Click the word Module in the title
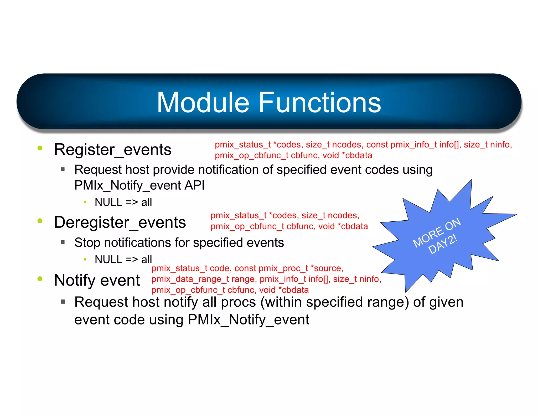[x=203, y=103]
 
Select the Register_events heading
[x=112, y=150]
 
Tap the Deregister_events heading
[x=120, y=222]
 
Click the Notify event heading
[x=97, y=280]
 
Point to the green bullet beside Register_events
[x=40, y=148]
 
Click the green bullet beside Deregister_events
[x=40, y=221]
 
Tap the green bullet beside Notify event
[x=40, y=279]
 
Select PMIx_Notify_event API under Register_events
[x=139, y=185]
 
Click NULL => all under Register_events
[x=123, y=202]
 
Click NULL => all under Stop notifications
[x=123, y=260]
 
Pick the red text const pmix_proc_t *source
[x=289, y=268]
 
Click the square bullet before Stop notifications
[x=63, y=242]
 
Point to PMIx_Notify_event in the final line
[x=248, y=320]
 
